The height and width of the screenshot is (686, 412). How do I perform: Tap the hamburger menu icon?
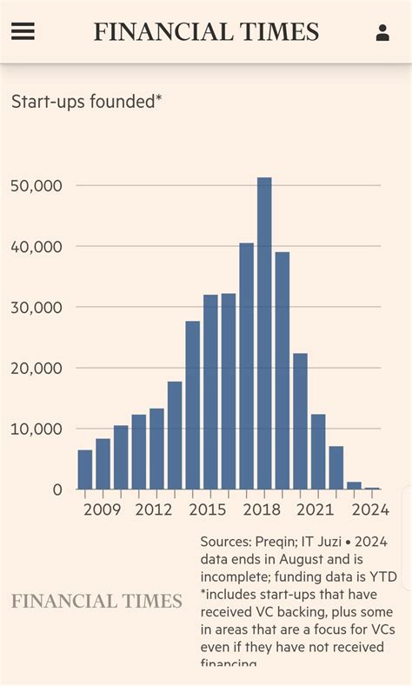(23, 32)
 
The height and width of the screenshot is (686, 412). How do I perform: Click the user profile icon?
(382, 33)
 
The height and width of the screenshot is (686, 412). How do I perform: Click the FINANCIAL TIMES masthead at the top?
(206, 32)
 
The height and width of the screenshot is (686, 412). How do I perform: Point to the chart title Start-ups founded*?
(86, 102)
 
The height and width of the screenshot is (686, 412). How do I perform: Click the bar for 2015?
(210, 392)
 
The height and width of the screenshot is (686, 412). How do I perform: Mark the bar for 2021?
(318, 451)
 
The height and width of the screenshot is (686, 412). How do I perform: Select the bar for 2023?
(354, 485)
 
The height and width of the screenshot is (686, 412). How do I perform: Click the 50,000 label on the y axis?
(37, 186)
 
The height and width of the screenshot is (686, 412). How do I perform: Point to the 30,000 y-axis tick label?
(37, 307)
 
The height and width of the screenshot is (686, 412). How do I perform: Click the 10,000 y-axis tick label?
(37, 429)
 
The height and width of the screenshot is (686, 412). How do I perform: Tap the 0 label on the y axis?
(57, 490)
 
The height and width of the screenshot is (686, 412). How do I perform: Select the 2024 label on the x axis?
(370, 510)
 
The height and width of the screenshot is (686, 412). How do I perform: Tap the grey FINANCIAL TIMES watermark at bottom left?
(96, 602)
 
